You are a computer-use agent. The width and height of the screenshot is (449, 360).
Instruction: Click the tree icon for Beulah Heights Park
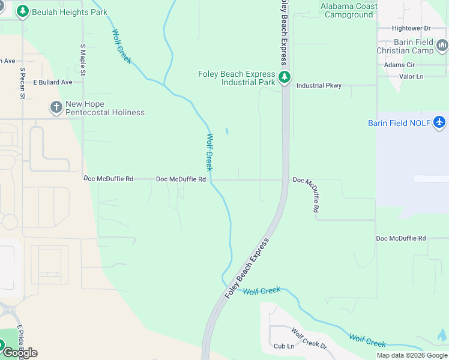coord(23,11)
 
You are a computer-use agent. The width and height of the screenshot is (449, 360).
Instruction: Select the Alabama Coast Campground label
coord(349,10)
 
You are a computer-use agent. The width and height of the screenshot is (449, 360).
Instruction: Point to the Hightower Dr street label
coord(411,28)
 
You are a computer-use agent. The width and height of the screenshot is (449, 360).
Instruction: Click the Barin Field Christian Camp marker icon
coord(442,46)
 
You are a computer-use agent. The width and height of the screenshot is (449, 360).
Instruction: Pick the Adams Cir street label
coord(399,65)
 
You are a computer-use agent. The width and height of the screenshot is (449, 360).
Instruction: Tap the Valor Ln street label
coord(411,76)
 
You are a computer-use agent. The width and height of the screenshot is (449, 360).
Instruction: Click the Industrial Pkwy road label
coord(319,86)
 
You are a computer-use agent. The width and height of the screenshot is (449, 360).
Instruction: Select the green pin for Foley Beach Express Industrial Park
coord(285,77)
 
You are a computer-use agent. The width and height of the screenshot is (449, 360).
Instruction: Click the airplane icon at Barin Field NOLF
coord(440,122)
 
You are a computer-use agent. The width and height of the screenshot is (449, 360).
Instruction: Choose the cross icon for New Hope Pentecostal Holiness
coord(56,107)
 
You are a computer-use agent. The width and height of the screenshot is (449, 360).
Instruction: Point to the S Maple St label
coord(83,59)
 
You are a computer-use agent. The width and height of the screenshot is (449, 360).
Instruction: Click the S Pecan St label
coord(22,83)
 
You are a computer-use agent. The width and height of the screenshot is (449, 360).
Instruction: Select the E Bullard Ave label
coord(52,82)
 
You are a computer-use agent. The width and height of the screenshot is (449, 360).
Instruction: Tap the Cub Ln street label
coord(284,346)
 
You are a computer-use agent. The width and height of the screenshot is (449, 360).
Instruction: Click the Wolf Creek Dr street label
coord(309,338)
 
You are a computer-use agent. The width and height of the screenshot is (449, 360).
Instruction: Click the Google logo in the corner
coord(20,353)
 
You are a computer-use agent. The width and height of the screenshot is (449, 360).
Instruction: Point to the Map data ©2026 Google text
coord(411,355)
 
